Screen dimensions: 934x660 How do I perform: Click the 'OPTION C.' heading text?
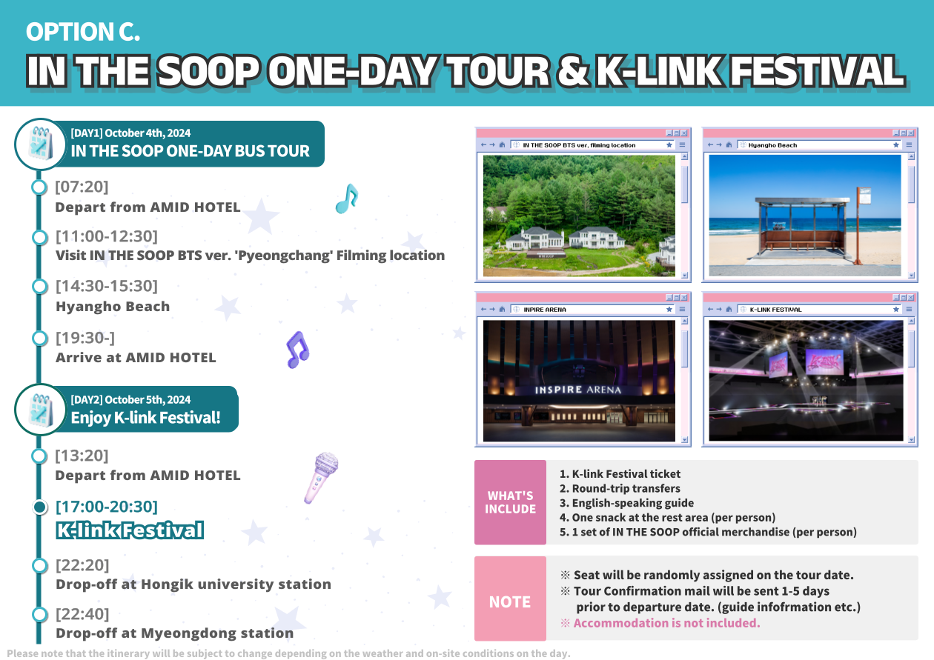point(82,32)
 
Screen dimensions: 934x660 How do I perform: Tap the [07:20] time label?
point(82,187)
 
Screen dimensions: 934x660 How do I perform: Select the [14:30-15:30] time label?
point(107,286)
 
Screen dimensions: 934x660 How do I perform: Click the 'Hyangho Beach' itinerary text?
point(113,307)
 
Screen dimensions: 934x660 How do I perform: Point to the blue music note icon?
point(347,199)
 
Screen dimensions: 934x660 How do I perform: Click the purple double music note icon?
point(298,350)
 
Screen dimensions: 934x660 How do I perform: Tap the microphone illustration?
point(321,478)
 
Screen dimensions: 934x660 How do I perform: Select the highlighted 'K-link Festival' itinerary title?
point(130,530)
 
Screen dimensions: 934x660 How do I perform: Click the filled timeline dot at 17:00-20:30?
point(39,507)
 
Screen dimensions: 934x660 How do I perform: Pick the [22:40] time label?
point(82,614)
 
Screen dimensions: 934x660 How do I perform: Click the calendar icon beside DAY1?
point(40,144)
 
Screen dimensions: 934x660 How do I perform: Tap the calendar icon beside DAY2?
point(40,410)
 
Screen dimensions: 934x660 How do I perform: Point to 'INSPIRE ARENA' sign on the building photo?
point(578,390)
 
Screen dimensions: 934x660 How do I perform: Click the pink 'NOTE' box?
point(510,599)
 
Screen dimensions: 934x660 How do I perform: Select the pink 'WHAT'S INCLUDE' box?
point(510,502)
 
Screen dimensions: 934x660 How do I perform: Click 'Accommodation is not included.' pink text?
point(666,623)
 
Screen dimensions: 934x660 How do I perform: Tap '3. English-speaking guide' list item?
point(626,503)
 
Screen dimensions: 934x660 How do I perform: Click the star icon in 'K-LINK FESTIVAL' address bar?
point(896,309)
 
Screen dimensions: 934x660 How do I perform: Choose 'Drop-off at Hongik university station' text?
point(193,584)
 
